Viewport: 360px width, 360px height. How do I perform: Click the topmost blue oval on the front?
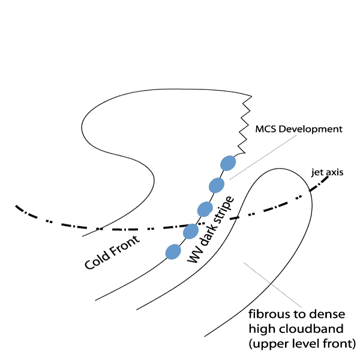tap(228, 163)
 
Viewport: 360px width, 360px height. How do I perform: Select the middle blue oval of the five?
tap(205, 209)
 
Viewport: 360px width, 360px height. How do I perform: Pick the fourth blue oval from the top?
tap(191, 230)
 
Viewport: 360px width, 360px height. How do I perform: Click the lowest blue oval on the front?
tap(173, 251)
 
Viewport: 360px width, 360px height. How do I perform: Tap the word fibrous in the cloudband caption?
tap(266, 316)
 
